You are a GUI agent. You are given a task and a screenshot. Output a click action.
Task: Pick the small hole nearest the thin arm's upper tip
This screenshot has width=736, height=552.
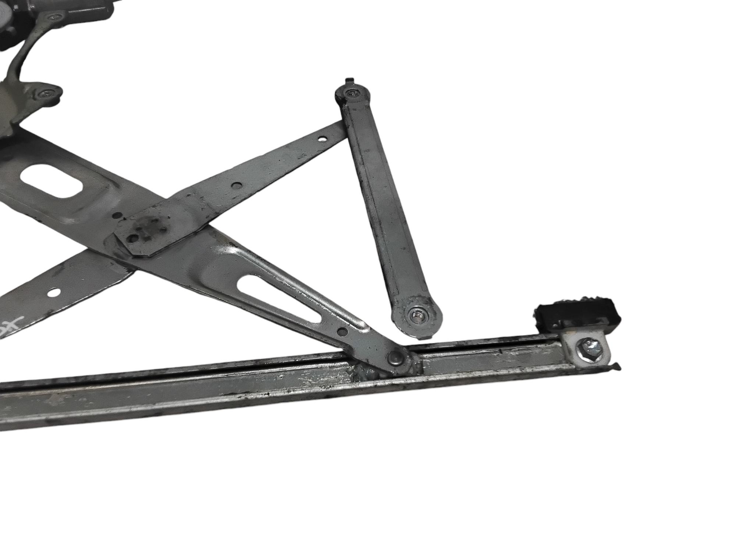(322, 140)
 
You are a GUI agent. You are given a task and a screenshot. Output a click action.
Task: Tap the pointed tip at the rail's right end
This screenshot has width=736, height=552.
(619, 377)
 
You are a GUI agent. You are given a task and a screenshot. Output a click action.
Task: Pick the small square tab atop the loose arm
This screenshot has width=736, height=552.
(348, 81)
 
